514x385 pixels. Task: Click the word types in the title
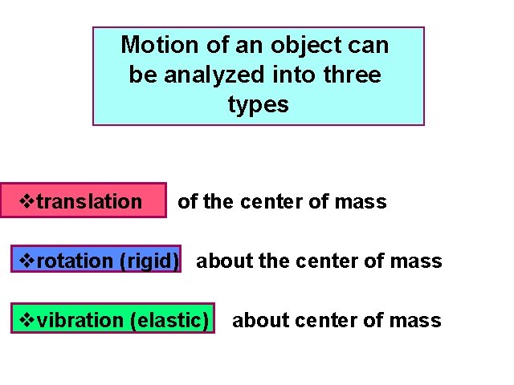258,104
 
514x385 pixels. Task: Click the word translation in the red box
89,201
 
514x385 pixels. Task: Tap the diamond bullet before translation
28,201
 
